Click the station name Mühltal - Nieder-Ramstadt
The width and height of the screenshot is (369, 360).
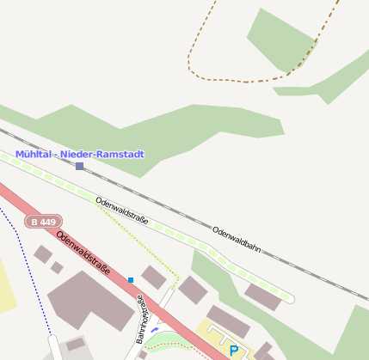pyautogui.click(x=79, y=155)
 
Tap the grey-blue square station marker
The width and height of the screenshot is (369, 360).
pyautogui.click(x=79, y=166)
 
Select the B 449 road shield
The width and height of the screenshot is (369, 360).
pyautogui.click(x=43, y=222)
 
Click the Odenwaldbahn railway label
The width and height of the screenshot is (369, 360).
pyautogui.click(x=236, y=241)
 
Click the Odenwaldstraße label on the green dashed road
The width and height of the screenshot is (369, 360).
pyautogui.click(x=121, y=210)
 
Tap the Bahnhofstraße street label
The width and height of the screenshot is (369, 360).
pyautogui.click(x=144, y=320)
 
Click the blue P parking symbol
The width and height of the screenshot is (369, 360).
pyautogui.click(x=233, y=351)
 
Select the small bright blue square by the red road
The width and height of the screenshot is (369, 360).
pyautogui.click(x=131, y=280)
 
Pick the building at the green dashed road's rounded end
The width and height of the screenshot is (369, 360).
pyautogui.click(x=261, y=296)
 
